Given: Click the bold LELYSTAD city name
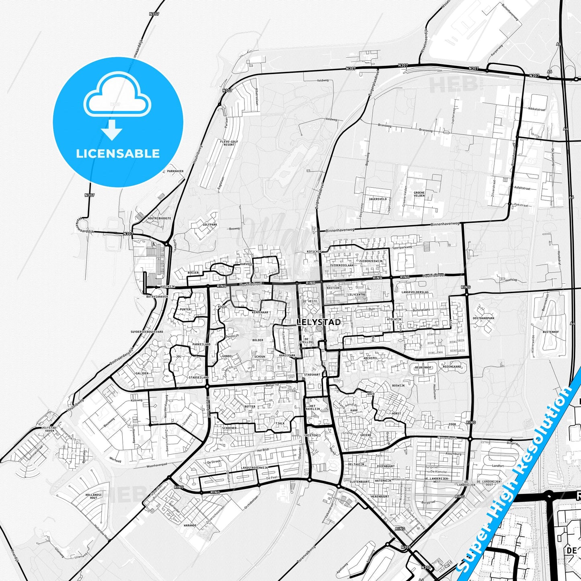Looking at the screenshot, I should (x=318, y=322).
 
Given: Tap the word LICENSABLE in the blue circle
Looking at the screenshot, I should (x=118, y=154).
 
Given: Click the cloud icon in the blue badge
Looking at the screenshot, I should (x=117, y=97).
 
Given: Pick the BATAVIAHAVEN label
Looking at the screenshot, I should (x=157, y=296).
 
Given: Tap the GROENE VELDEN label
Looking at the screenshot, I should (x=419, y=194).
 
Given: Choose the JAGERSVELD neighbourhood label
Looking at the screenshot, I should (x=378, y=199).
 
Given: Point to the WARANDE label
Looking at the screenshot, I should (x=190, y=525).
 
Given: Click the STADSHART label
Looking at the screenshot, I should (x=312, y=375).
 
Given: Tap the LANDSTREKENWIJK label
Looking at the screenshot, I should (x=255, y=468).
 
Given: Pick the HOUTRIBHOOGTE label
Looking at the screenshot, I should (x=159, y=218).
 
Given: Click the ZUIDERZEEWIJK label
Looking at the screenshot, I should (x=371, y=261).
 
